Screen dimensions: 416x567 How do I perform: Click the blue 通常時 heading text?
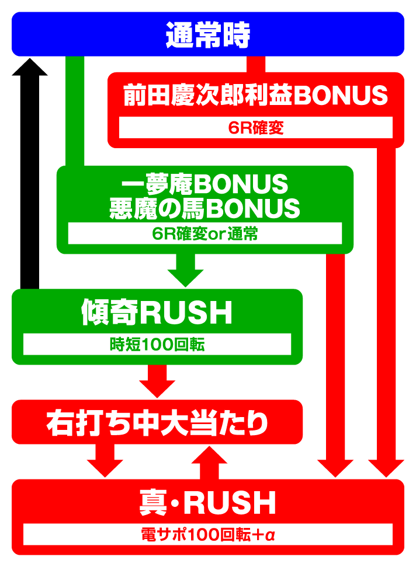click(x=208, y=35)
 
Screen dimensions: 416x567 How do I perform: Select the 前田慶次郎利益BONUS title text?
click(x=255, y=95)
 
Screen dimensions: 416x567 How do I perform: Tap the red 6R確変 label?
click(x=255, y=128)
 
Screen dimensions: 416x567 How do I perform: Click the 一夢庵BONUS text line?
click(x=205, y=184)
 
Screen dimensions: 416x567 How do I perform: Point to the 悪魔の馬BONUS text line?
click(x=205, y=208)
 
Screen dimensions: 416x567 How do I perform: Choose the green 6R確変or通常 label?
click(x=205, y=233)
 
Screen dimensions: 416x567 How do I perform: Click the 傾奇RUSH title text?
click(x=157, y=312)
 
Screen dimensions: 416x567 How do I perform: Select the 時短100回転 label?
click(x=157, y=344)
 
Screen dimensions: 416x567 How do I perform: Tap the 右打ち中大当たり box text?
click(x=157, y=423)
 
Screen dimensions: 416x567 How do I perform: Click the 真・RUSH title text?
click(x=208, y=502)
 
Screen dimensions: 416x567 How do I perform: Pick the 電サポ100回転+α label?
click(x=208, y=534)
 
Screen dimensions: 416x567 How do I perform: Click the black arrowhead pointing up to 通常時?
click(x=30, y=67)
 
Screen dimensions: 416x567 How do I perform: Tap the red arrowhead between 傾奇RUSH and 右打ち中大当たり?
click(x=157, y=389)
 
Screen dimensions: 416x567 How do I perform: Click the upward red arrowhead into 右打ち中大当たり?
click(x=209, y=454)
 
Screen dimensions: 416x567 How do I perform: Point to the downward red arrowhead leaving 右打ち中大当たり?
click(x=105, y=468)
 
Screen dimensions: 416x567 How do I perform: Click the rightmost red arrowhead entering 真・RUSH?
click(x=386, y=468)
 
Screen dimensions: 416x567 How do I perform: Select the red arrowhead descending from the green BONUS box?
click(x=335, y=468)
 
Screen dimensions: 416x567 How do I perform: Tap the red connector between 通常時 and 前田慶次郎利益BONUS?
click(x=255, y=64)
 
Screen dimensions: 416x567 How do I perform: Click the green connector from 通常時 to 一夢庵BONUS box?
click(x=75, y=111)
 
